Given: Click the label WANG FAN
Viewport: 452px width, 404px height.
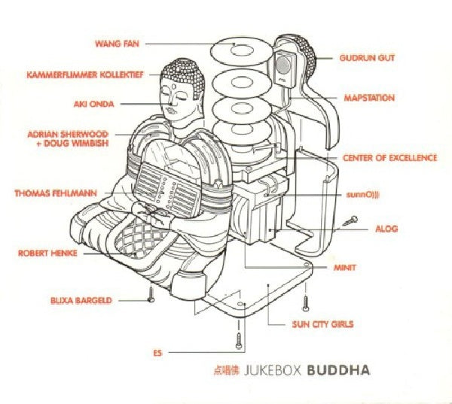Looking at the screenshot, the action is click(x=117, y=44).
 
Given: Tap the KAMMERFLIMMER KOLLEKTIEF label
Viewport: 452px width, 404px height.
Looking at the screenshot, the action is click(x=85, y=75).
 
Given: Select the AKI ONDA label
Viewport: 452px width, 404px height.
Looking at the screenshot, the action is click(x=94, y=104).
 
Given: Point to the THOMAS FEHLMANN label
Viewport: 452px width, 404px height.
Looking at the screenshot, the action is click(x=56, y=193).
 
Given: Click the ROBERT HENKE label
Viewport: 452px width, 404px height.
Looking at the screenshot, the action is click(x=47, y=253).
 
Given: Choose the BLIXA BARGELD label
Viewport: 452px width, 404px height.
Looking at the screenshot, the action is click(x=81, y=300).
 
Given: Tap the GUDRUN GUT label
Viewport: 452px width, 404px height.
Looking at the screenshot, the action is click(x=367, y=58).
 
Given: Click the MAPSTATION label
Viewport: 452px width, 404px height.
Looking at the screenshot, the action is click(x=369, y=98).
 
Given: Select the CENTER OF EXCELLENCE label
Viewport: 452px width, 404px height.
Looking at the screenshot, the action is click(x=389, y=158).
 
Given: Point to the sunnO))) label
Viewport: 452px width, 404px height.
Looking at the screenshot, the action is click(x=363, y=195).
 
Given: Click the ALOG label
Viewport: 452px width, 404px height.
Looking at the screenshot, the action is click(x=386, y=229).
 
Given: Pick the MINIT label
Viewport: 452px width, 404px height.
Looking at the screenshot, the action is click(x=345, y=268).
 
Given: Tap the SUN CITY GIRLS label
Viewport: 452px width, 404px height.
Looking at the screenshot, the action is click(x=322, y=324).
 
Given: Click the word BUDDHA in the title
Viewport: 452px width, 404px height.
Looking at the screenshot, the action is click(x=339, y=370).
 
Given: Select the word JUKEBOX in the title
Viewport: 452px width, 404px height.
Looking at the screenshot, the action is click(x=273, y=370).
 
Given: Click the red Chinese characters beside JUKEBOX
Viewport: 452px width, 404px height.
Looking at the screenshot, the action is click(x=227, y=370).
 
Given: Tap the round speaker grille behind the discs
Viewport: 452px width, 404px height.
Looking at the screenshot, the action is click(x=283, y=65).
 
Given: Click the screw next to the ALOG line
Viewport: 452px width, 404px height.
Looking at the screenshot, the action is click(x=350, y=221).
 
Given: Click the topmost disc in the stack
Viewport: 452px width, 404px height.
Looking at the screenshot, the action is click(x=242, y=53).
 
